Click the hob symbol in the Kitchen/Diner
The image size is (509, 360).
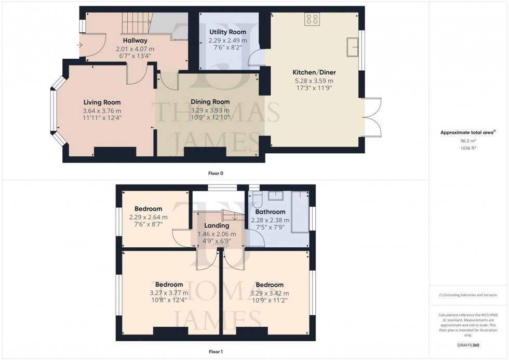pos(312,19)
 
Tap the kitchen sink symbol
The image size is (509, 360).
pos(354,47)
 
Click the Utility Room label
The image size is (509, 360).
pos(227,32)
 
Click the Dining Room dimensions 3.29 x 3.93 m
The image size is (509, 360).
pos(210,110)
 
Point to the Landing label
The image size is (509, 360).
pos(217,226)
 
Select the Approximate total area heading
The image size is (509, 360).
pos(465,132)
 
